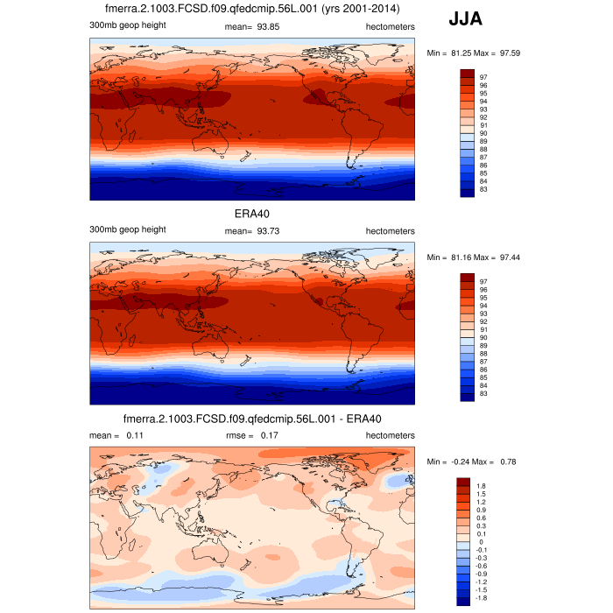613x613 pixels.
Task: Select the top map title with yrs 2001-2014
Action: click(x=250, y=9)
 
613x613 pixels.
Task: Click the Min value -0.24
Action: click(x=456, y=462)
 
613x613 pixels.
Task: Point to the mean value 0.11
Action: click(x=134, y=434)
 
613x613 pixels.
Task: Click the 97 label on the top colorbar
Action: click(x=483, y=76)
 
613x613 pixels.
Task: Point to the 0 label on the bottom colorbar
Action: click(x=482, y=541)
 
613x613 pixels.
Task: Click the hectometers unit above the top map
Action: click(x=388, y=25)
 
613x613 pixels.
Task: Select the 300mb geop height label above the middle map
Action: click(x=127, y=229)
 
